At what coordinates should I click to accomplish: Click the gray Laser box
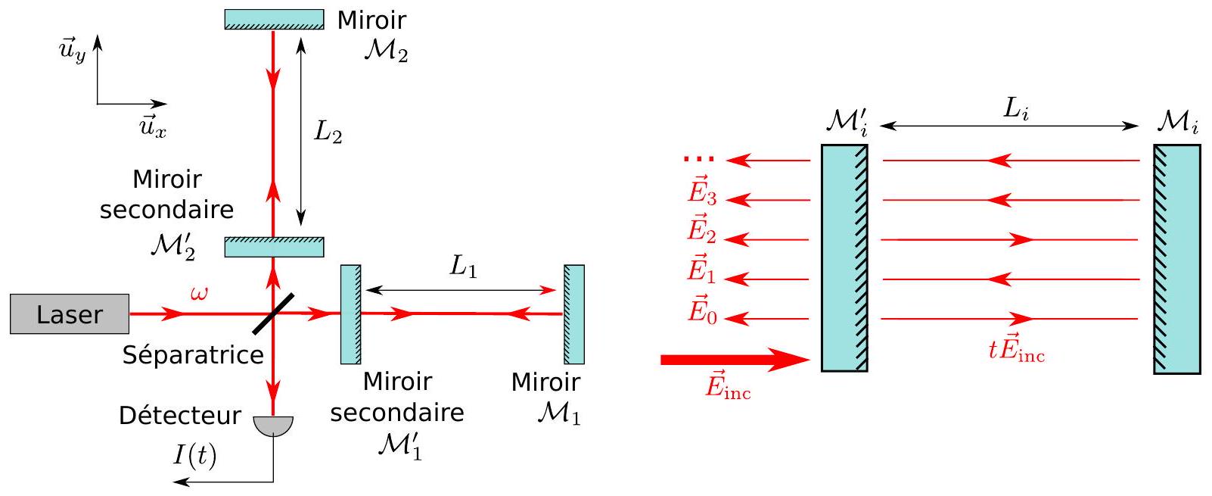70,314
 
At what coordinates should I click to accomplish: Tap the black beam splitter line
273,314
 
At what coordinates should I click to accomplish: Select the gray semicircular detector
273,426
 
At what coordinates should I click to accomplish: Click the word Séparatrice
193,355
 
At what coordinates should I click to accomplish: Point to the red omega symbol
199,294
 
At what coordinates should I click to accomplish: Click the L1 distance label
463,267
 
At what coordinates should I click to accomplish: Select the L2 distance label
328,132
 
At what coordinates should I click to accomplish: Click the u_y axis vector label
73,51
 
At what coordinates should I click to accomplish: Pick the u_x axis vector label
153,128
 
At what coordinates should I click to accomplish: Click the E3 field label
702,191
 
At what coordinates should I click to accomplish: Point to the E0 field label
702,309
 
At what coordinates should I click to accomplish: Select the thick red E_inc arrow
735,360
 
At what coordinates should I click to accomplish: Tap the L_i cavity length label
1015,109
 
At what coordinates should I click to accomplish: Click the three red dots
698,159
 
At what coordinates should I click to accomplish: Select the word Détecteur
179,415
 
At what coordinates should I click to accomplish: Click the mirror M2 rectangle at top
275,20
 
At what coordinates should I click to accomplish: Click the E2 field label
702,230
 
